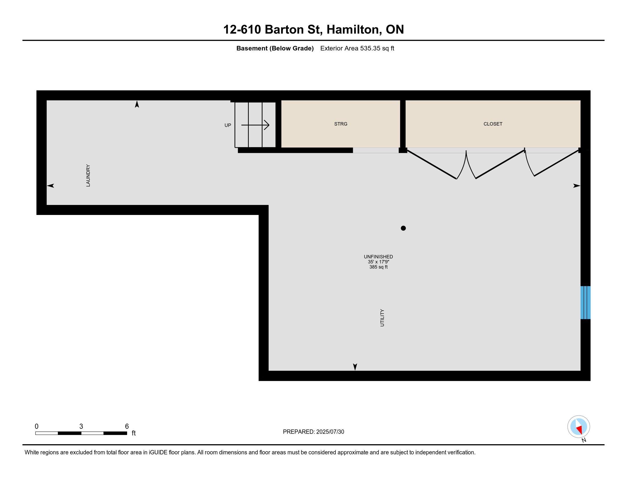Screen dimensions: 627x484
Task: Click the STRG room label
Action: [x=341, y=124]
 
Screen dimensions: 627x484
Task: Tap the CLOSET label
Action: [x=493, y=124]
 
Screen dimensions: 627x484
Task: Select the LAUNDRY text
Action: [x=88, y=175]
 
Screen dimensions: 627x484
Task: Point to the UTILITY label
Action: [x=382, y=318]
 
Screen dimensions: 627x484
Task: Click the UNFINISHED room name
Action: [x=378, y=257]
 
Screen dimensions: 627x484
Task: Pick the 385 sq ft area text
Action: [x=378, y=267]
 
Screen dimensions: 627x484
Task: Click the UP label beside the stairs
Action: [x=228, y=125]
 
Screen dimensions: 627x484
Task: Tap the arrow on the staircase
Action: [x=255, y=125]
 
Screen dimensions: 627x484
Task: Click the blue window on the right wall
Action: [x=585, y=302]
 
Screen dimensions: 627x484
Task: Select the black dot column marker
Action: [x=403, y=228]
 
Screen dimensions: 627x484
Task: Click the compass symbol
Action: [x=579, y=427]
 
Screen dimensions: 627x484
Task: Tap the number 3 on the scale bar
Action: [x=81, y=426]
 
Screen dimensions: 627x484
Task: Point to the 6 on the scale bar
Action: [x=127, y=426]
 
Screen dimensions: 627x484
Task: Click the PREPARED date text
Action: [x=313, y=432]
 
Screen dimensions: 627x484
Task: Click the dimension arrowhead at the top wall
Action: [x=137, y=104]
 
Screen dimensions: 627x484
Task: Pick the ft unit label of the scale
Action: [x=133, y=433]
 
